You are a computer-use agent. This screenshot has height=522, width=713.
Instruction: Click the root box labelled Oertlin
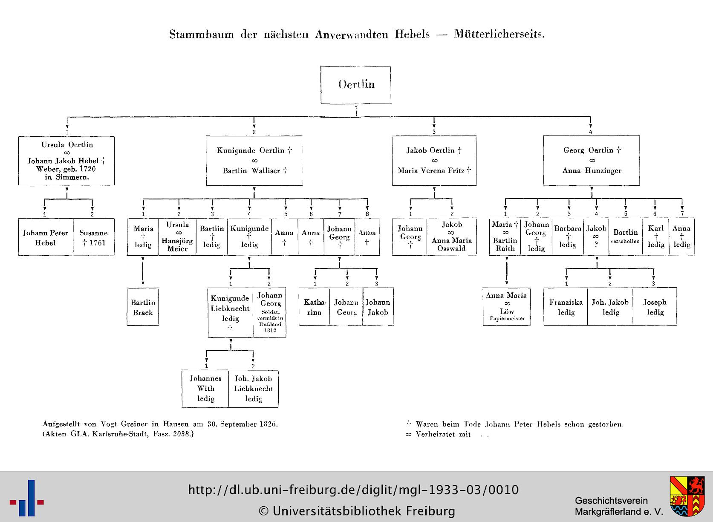coord(356,85)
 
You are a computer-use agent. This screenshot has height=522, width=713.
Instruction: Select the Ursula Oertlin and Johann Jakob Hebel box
coord(66,161)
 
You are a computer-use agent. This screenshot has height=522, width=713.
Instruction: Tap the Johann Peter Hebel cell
coord(46,237)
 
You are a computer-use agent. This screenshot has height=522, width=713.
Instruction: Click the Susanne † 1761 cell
coord(94,237)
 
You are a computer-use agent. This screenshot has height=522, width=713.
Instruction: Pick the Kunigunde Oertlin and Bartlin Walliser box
coord(254,161)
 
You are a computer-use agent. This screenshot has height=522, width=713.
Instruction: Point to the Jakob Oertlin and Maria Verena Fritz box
coord(434,161)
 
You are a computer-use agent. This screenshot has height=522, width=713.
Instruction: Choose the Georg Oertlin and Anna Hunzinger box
coord(592,161)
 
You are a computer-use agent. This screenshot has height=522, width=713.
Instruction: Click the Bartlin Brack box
coord(143,307)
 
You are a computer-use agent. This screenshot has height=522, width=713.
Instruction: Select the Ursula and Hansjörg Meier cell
coord(177,236)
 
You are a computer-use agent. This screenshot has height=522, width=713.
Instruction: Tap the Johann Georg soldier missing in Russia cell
coord(270,313)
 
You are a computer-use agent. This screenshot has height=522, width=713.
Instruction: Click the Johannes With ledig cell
coord(205,389)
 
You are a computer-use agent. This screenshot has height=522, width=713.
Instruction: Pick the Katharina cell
coord(314,307)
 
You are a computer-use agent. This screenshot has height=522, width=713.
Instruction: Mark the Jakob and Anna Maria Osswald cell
coord(451,236)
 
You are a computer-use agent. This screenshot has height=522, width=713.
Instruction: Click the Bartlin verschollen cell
coord(626,236)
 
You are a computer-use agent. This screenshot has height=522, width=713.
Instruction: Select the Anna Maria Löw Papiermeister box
coord(507,307)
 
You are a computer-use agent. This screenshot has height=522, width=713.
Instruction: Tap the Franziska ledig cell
coord(566,307)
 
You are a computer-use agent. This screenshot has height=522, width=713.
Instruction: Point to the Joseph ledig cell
coord(655,307)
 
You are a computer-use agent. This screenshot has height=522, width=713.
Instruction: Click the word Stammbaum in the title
coord(202,35)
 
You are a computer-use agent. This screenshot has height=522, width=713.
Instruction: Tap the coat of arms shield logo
coord(687,496)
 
